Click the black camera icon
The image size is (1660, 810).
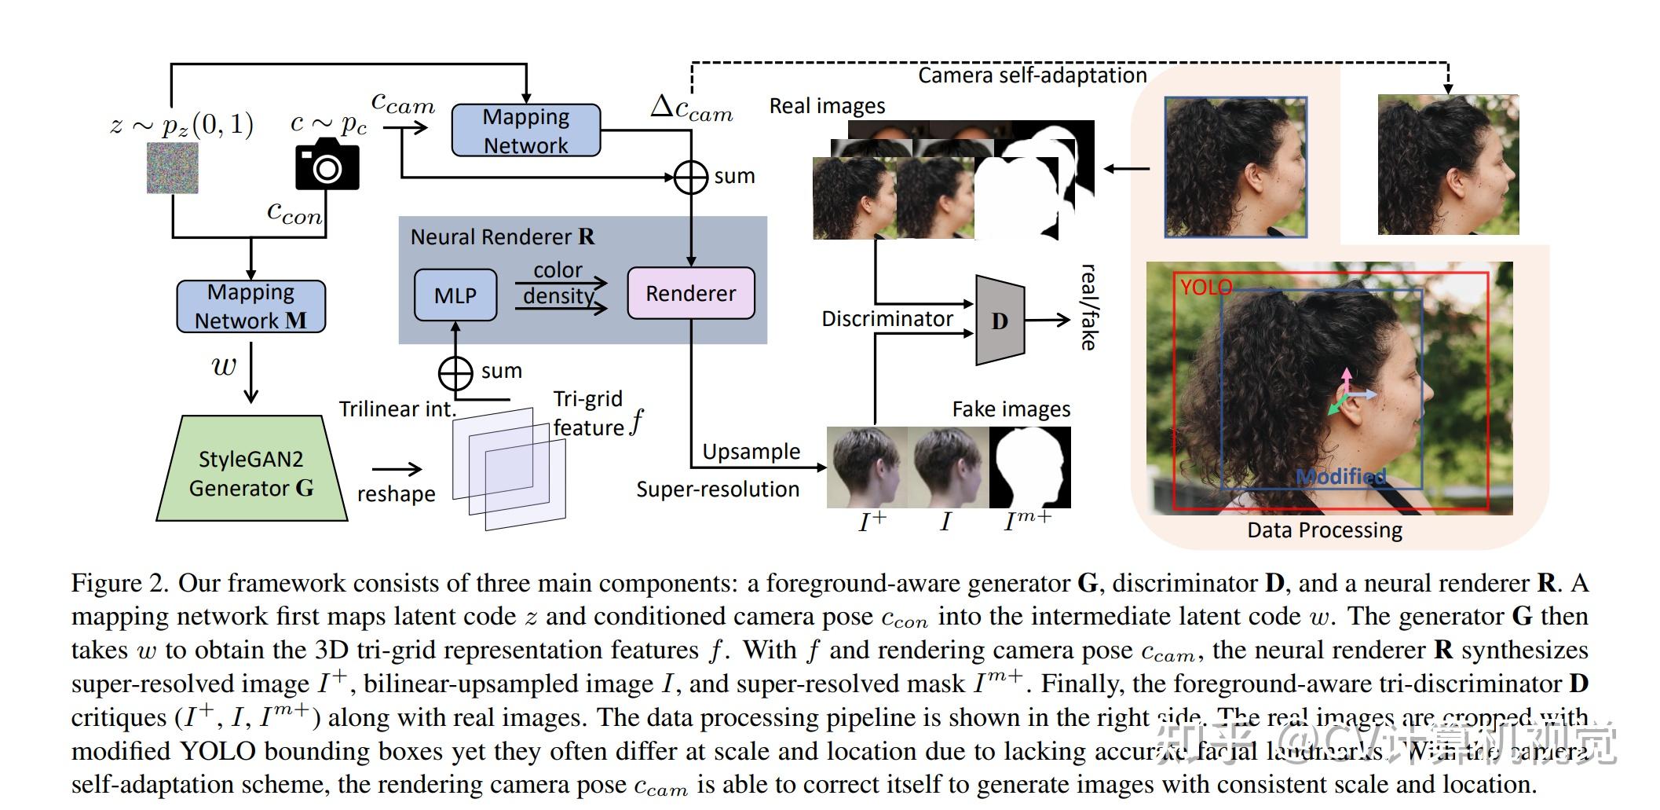[327, 164]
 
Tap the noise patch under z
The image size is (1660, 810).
[173, 169]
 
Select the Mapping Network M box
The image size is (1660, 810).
[251, 306]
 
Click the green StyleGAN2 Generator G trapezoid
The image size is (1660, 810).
[251, 471]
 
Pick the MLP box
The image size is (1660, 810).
[455, 295]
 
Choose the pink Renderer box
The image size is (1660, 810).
[691, 294]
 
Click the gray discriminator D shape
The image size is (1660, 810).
[1000, 321]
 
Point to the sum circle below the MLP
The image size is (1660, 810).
[455, 373]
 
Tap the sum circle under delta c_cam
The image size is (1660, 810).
[691, 178]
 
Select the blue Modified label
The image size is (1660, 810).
[1340, 476]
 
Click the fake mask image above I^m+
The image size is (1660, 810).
[1029, 467]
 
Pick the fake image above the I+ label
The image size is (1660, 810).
[867, 467]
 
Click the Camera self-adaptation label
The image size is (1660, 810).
[1033, 75]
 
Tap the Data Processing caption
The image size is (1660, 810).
[1324, 530]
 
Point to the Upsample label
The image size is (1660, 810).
[751, 452]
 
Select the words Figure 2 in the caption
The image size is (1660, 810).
[119, 583]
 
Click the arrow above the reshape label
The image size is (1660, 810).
[397, 470]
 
